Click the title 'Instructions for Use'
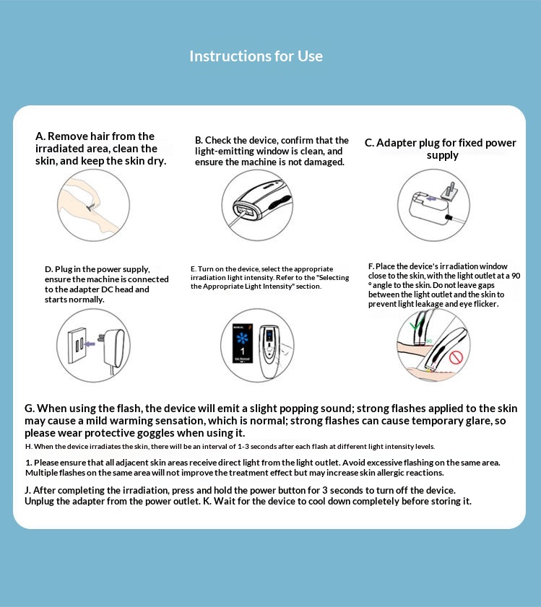[256, 56]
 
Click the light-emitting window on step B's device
[243, 211]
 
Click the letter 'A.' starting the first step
[40, 136]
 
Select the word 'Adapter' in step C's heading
[397, 143]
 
